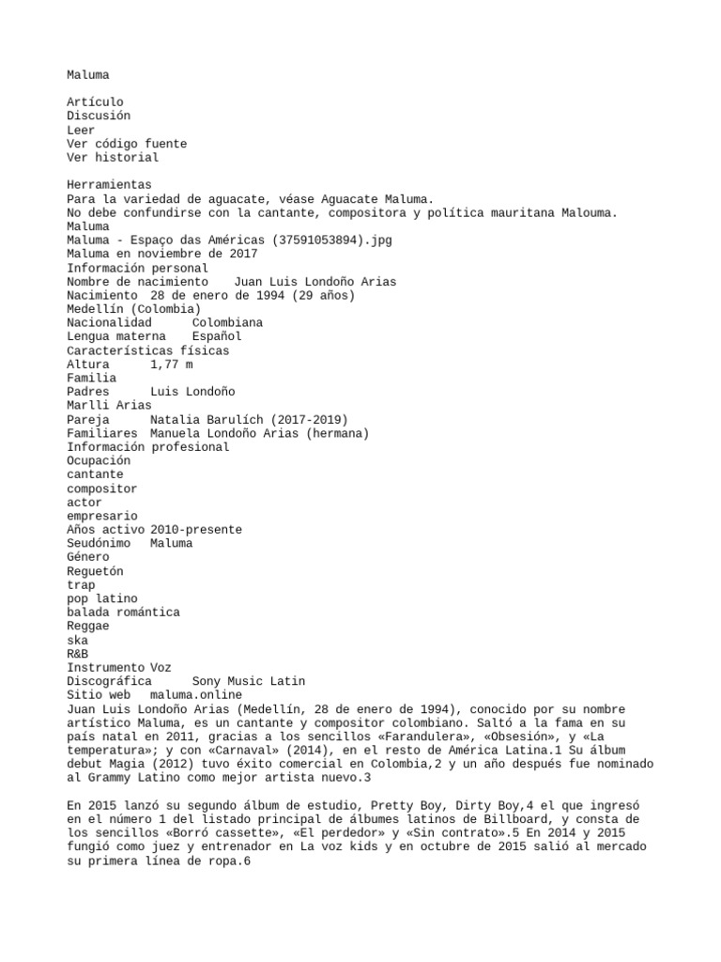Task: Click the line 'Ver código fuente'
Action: (x=127, y=144)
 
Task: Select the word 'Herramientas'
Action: (x=109, y=185)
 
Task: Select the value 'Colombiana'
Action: (x=227, y=323)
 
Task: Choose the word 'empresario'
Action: (x=102, y=516)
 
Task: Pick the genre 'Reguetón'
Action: (x=95, y=571)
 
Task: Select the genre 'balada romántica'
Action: (x=123, y=613)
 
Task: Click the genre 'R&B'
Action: (x=78, y=654)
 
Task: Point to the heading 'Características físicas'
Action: (x=147, y=350)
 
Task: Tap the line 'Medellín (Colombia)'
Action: (x=133, y=309)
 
